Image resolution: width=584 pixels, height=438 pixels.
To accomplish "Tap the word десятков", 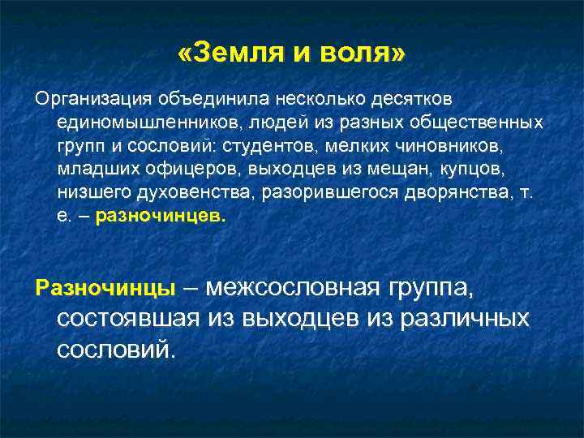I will (412, 99).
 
